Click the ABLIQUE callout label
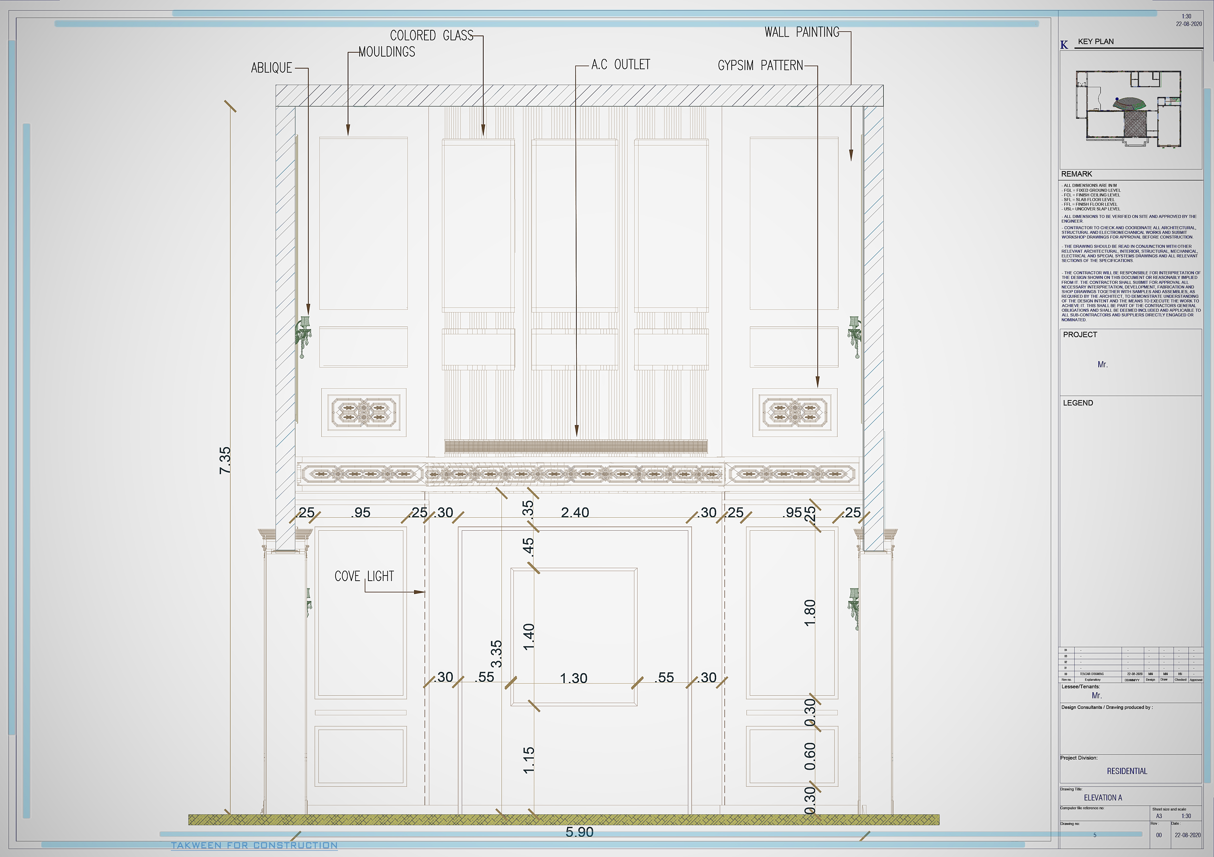click(271, 68)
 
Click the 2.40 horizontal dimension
click(575, 512)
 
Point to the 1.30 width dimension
click(574, 678)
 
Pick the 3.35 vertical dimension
click(496, 654)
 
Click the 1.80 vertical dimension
click(809, 613)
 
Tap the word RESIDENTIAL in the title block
click(1127, 771)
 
